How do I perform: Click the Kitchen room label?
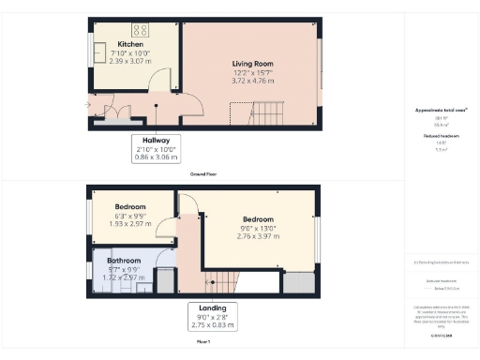[x=130, y=44]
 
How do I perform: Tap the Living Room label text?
[x=250, y=63]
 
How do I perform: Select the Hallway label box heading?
[x=156, y=141]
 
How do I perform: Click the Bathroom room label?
[x=124, y=261]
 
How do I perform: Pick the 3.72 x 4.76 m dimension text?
[x=250, y=82]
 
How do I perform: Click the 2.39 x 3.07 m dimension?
[x=130, y=62]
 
